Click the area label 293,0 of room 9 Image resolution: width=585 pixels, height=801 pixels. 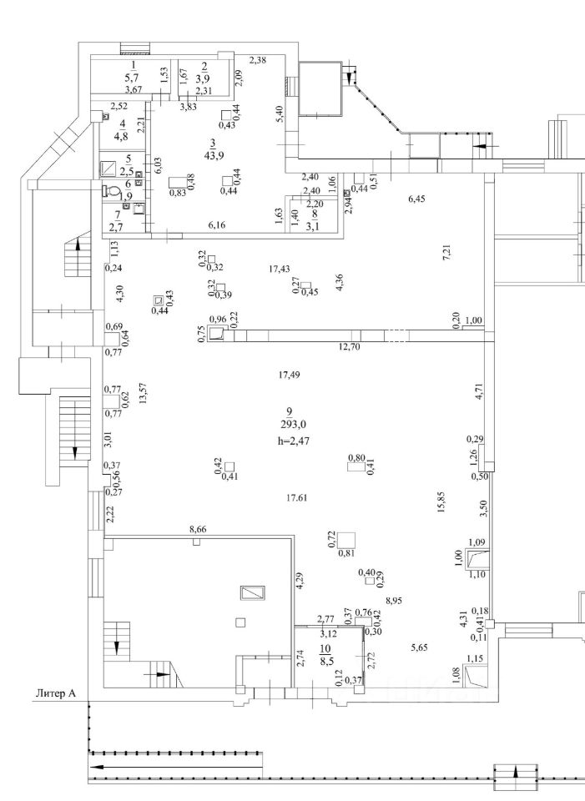tap(289, 423)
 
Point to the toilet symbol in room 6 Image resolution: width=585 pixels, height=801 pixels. tap(113, 191)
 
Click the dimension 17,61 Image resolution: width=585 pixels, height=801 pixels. tap(297, 498)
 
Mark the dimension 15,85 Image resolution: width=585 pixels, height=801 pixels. tap(439, 506)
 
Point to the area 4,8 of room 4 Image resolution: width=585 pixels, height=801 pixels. tap(121, 137)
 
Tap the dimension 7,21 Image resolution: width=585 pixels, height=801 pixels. tap(446, 251)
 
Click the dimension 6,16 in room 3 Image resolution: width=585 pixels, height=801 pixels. tap(217, 224)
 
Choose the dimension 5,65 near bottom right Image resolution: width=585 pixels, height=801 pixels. tap(419, 647)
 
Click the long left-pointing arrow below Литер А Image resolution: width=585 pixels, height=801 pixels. tap(175, 764)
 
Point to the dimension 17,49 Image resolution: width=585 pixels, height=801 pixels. tap(289, 375)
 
